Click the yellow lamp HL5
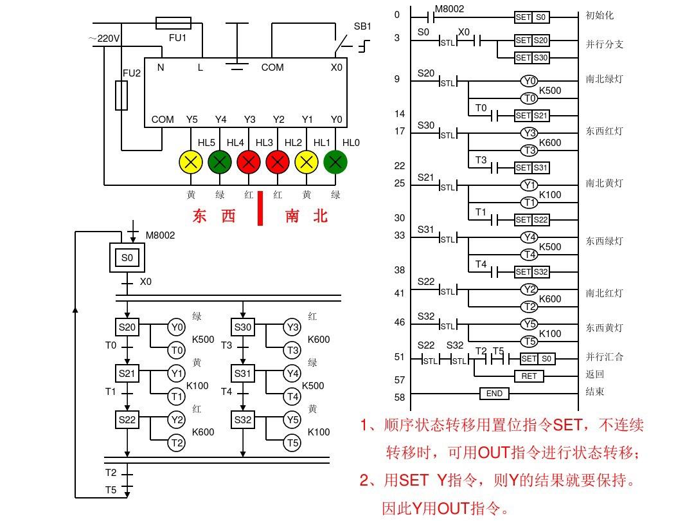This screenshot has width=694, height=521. (191, 161)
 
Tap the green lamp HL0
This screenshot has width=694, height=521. (335, 161)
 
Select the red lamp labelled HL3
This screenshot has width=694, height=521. (277, 161)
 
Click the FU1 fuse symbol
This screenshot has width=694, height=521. (173, 24)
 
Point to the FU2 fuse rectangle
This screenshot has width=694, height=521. (121, 95)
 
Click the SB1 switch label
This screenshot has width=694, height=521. (362, 27)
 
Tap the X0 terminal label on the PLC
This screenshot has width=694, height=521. (337, 67)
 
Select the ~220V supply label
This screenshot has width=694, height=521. (104, 39)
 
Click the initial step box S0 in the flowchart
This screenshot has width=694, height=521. (127, 258)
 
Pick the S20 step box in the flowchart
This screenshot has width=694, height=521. (127, 327)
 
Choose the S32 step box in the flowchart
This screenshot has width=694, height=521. (243, 419)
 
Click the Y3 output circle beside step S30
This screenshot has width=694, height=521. (292, 327)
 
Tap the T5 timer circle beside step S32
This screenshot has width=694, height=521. (292, 443)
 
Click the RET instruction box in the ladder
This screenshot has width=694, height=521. (529, 376)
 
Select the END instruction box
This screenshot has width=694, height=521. (494, 393)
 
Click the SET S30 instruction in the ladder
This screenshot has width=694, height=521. (532, 58)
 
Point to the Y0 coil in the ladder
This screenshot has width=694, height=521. (529, 81)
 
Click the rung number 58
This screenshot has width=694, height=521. (400, 398)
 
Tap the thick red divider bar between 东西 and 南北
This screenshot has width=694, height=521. (260, 208)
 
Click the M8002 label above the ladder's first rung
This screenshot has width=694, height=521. (449, 9)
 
